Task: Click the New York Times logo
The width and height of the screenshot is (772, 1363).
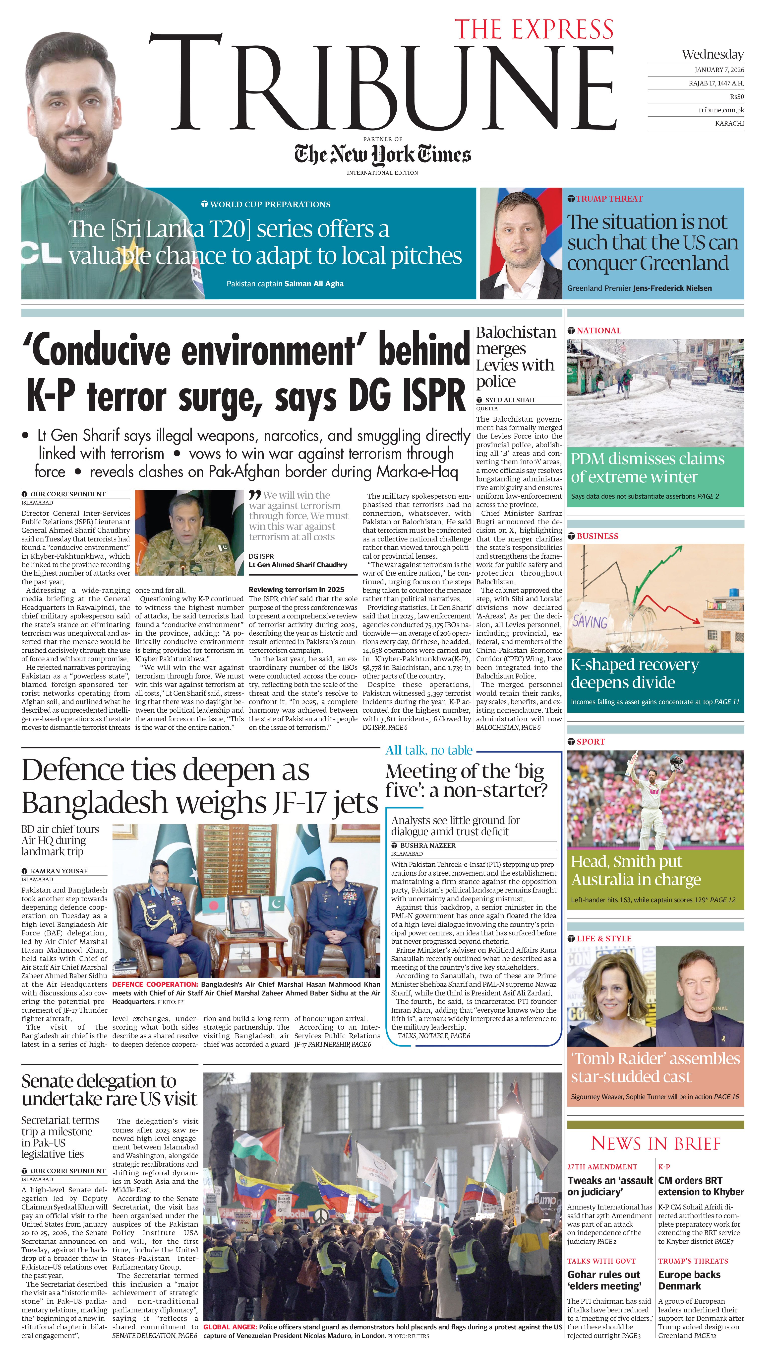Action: [x=382, y=154]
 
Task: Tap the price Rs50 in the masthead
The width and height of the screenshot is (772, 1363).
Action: [x=736, y=97]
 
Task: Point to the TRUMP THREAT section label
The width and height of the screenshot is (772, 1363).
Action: [x=609, y=199]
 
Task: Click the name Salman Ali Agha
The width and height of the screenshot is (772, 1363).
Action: [x=314, y=284]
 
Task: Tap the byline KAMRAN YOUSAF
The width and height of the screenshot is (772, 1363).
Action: [x=59, y=871]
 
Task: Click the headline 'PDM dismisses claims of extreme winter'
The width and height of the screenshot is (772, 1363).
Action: [x=647, y=467]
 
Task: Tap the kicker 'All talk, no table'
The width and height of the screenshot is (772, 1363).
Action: [x=428, y=750]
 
